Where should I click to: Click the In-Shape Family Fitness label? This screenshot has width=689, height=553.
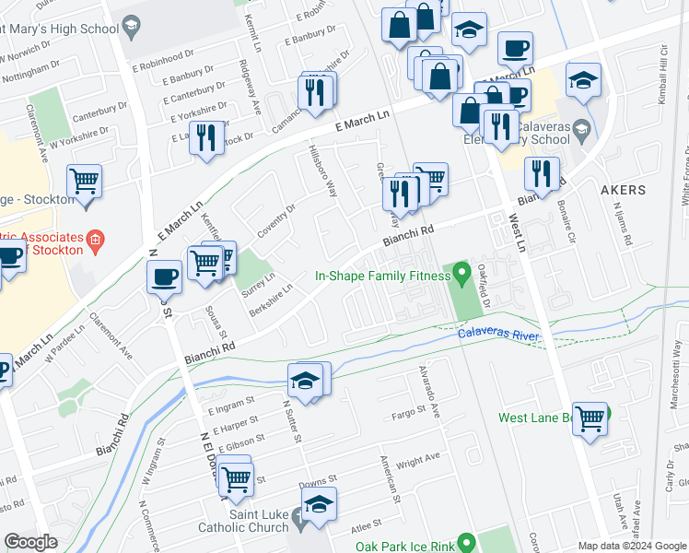380,275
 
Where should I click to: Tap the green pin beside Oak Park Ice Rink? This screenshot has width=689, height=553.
465,543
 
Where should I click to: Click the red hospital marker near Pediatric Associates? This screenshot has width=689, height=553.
93,242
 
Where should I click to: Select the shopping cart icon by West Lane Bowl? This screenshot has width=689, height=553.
590,418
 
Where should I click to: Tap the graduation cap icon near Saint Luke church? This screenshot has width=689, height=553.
319,503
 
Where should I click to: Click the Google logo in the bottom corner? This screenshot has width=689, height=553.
30,542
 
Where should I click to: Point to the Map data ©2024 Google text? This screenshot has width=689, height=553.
633,546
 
